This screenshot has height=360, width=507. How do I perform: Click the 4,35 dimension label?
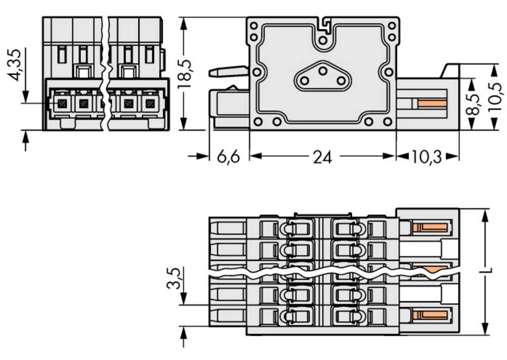click(15, 65)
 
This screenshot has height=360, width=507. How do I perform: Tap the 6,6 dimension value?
click(228, 157)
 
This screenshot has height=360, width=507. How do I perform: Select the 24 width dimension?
click(322, 157)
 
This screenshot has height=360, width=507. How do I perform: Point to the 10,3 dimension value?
click(426, 157)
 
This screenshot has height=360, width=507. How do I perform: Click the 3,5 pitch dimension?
click(174, 278)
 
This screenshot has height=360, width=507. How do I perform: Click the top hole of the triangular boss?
click(322, 71)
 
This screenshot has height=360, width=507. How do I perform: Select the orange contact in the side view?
click(432, 104)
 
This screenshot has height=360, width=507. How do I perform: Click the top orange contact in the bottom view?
click(430, 227)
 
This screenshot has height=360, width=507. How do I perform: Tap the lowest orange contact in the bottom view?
click(430, 316)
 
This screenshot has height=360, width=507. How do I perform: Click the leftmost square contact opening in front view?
click(62, 104)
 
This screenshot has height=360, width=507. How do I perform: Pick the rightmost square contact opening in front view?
click(149, 104)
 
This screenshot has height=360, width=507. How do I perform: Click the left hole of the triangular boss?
click(305, 81)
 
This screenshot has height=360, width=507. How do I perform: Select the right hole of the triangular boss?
click(340, 81)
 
